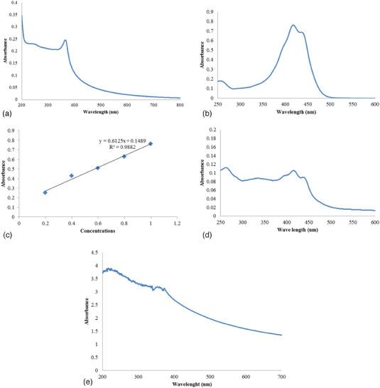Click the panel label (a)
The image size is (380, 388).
coord(6,113)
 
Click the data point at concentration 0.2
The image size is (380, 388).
coord(45,192)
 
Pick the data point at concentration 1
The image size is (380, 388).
coord(151,144)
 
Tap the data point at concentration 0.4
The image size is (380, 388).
coord(72,175)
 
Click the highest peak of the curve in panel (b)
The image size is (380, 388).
coord(293,26)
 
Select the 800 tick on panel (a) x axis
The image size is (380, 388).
coord(180,105)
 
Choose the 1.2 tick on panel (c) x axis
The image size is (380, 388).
coord(178,223)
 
